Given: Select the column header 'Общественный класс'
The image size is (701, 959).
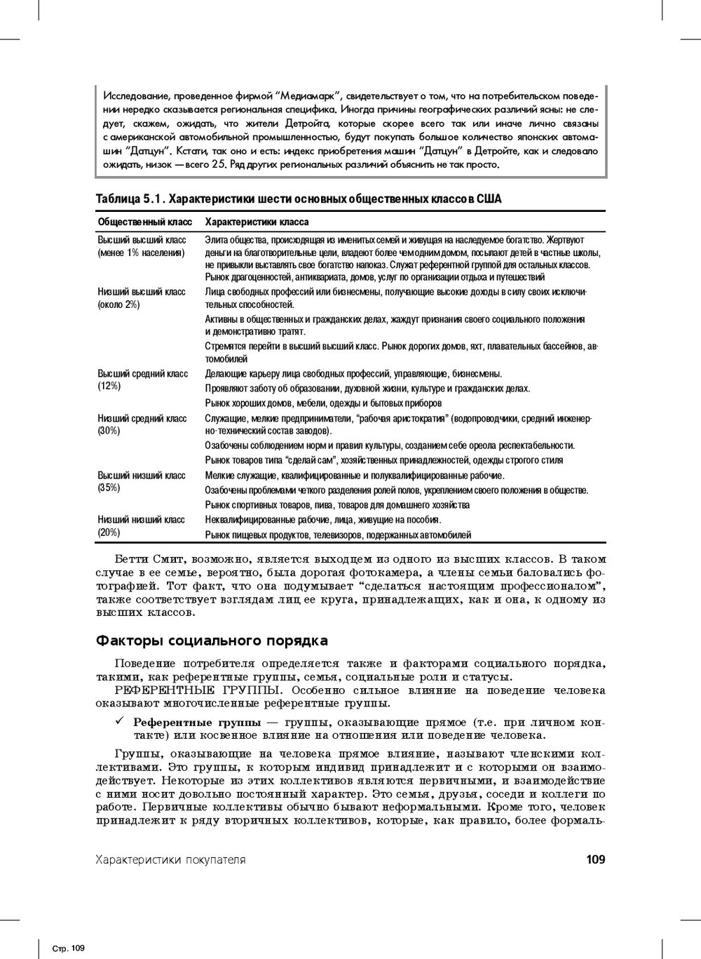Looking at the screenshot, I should (144, 222).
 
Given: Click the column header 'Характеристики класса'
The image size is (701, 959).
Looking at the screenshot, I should (256, 222).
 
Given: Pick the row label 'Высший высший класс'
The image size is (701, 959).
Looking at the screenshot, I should (141, 240).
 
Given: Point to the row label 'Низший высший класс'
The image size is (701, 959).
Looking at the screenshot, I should (141, 291).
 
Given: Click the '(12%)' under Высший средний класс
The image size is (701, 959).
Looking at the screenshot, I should (109, 387).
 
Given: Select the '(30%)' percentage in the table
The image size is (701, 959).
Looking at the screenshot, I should (109, 431).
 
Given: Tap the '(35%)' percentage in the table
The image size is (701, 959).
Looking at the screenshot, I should (109, 488).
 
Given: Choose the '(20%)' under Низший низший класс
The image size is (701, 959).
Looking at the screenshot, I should (109, 532).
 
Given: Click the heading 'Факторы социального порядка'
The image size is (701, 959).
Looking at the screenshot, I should (212, 641).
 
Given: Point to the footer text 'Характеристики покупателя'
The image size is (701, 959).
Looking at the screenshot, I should (170, 859).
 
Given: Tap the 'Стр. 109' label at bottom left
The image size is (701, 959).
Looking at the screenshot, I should (69, 948).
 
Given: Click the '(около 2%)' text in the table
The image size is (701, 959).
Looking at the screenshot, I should (118, 304).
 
